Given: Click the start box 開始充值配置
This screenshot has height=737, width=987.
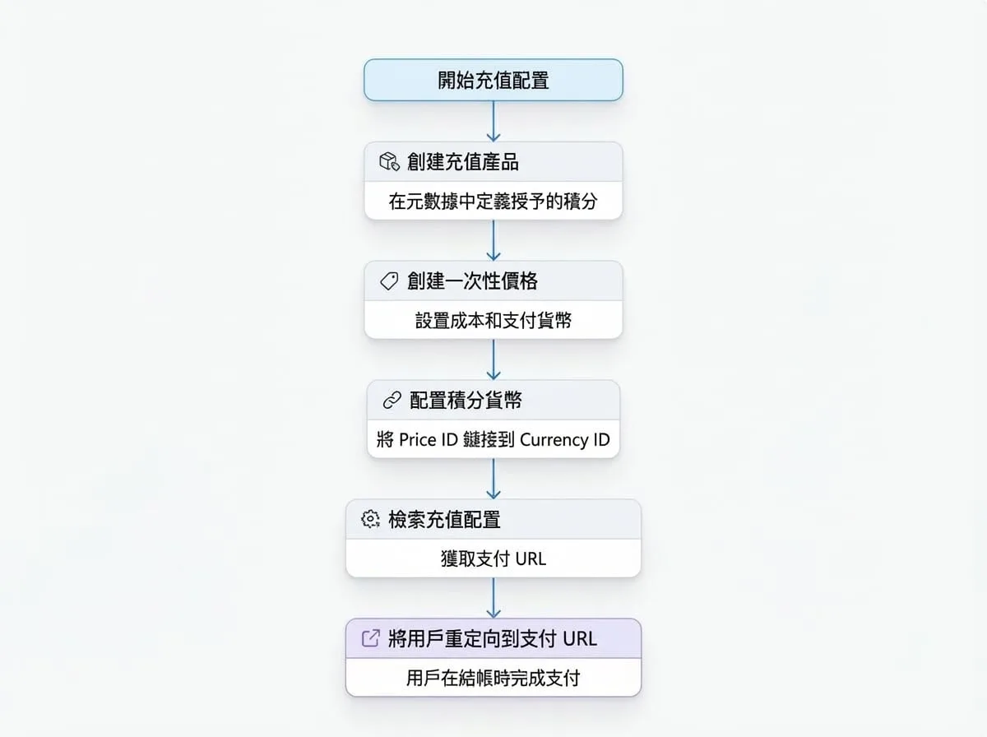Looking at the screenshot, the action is coord(493,80).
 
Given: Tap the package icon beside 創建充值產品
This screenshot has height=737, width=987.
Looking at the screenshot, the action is coord(389,162).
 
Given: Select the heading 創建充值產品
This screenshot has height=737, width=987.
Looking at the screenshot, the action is coord(463,162).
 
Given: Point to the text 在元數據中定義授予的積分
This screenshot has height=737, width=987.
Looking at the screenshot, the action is coord(493,201).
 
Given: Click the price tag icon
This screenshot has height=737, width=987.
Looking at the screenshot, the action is coord(389,281).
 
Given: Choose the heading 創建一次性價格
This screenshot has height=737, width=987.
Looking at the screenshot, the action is coord(472,281).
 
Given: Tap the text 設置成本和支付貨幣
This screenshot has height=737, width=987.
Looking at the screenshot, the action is coord(493,321).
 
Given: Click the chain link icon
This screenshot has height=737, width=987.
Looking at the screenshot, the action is coord(392,401).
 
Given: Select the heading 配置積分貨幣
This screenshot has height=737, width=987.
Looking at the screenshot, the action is coord(466,401).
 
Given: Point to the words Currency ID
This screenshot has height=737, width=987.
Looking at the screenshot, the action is coord(565,440).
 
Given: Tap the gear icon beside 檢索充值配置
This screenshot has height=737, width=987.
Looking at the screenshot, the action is coord(370,519).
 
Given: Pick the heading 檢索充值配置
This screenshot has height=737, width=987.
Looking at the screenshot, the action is coord(444,519).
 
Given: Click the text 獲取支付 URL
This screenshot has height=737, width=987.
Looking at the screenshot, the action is coord(493,559).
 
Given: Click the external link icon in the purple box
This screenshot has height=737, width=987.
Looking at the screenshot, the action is coord(371,638).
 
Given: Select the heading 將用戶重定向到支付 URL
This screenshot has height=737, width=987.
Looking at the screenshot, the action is coord(493,638).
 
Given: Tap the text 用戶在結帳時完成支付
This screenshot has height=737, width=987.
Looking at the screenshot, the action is coord(493,678).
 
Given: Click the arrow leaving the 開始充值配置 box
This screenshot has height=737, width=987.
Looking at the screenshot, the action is coord(493,122).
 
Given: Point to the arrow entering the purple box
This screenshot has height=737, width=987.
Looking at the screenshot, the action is coord(493,598).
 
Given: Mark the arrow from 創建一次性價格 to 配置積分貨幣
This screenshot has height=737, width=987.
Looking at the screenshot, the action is coord(493,359).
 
